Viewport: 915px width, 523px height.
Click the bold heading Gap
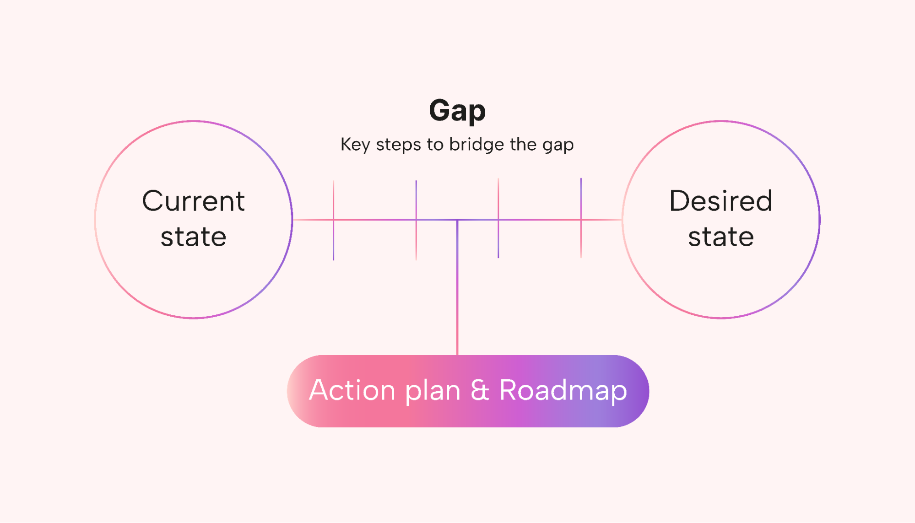tap(457, 111)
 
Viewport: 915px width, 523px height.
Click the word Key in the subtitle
tap(355, 145)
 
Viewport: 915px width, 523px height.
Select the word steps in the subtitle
tap(398, 145)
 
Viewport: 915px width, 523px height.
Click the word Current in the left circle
tap(194, 201)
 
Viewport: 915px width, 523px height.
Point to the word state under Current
tap(194, 237)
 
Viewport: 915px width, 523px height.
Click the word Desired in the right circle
tap(721, 201)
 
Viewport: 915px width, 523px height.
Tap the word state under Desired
tap(721, 237)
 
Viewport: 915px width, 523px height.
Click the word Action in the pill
tap(352, 390)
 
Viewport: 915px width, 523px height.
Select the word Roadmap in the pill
tap(563, 391)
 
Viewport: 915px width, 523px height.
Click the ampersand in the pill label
tap(480, 390)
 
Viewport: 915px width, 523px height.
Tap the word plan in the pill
tap(433, 392)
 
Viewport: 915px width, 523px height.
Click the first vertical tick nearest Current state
tap(333, 221)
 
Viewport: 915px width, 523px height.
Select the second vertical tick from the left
tap(416, 221)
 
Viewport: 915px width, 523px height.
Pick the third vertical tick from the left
tap(498, 218)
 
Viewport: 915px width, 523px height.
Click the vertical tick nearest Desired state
tap(581, 218)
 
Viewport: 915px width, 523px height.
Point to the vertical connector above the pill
tap(457, 287)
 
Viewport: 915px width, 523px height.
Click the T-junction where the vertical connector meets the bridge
tap(457, 220)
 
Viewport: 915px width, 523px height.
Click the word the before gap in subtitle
tap(523, 145)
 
